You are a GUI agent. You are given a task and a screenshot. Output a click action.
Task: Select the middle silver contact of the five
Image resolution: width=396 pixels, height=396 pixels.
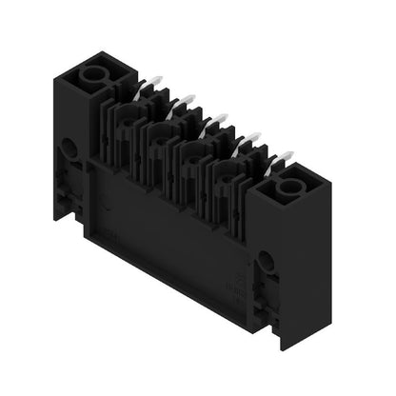coord(217,119)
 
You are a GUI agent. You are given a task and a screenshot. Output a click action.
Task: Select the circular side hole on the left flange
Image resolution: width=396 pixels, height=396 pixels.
coord(68,148)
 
